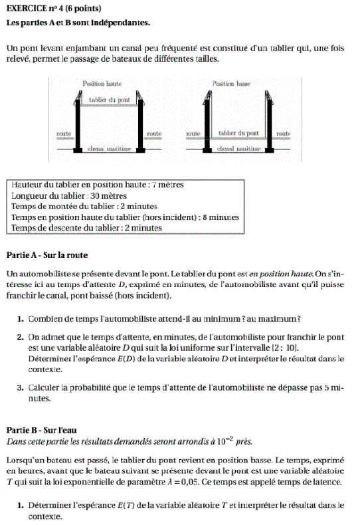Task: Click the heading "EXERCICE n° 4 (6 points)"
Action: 54,9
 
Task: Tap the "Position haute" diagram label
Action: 102,83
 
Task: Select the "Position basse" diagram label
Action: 231,83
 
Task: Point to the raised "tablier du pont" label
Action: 110,100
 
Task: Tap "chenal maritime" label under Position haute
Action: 110,148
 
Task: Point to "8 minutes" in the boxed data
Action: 221,217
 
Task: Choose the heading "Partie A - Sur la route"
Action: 47,255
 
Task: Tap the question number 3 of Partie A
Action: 20,387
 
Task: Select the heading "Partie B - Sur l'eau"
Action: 41,430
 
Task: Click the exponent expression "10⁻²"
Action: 225,441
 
